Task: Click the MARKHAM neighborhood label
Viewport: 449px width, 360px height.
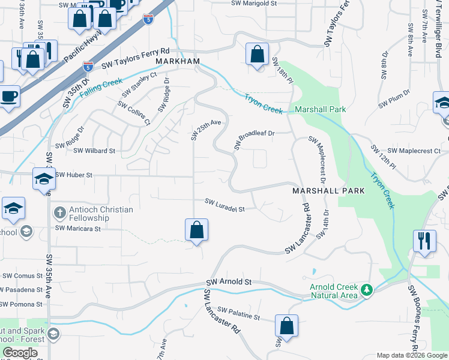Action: click(x=178, y=62)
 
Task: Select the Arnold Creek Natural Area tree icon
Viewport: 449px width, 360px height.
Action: click(x=367, y=291)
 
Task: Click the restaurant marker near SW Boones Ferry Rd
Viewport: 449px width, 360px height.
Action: click(x=424, y=241)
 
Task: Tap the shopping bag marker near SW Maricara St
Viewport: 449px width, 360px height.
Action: click(x=196, y=230)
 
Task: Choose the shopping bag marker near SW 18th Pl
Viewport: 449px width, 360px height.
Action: click(x=257, y=55)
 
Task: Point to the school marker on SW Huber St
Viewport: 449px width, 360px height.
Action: click(x=44, y=179)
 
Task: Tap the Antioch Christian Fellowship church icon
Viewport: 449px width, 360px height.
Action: click(x=59, y=212)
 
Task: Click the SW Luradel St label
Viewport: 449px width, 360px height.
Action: click(x=225, y=205)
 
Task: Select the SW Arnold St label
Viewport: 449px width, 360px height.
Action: click(x=229, y=281)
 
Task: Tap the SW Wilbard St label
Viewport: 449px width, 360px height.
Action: click(x=94, y=151)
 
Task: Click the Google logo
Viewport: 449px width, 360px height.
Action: click(x=20, y=353)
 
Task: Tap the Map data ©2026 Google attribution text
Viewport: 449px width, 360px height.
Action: click(x=411, y=355)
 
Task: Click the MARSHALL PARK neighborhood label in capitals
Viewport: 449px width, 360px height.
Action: click(x=328, y=190)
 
